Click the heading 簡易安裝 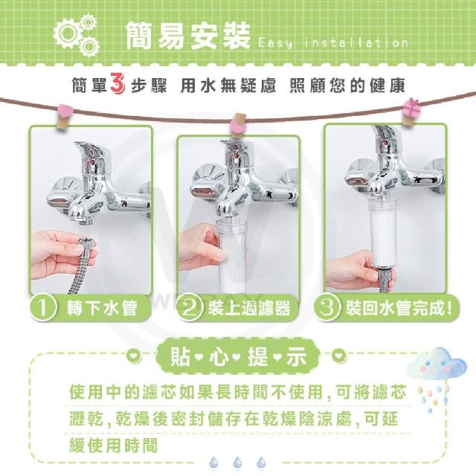(187, 36)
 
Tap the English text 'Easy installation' (332, 43)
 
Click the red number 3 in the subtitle (118, 83)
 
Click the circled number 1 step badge (43, 307)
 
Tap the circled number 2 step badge (190, 308)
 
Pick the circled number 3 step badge (327, 307)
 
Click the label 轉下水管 (102, 308)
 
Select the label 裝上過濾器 (249, 308)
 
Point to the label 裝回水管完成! (399, 308)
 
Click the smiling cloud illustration (436, 365)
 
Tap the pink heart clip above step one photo (64, 115)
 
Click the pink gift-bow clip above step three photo (410, 111)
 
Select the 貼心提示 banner (238, 356)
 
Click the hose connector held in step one (87, 245)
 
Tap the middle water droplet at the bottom (237, 462)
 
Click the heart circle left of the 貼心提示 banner (134, 355)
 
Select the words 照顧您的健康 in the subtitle (347, 86)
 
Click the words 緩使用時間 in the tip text (114, 446)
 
